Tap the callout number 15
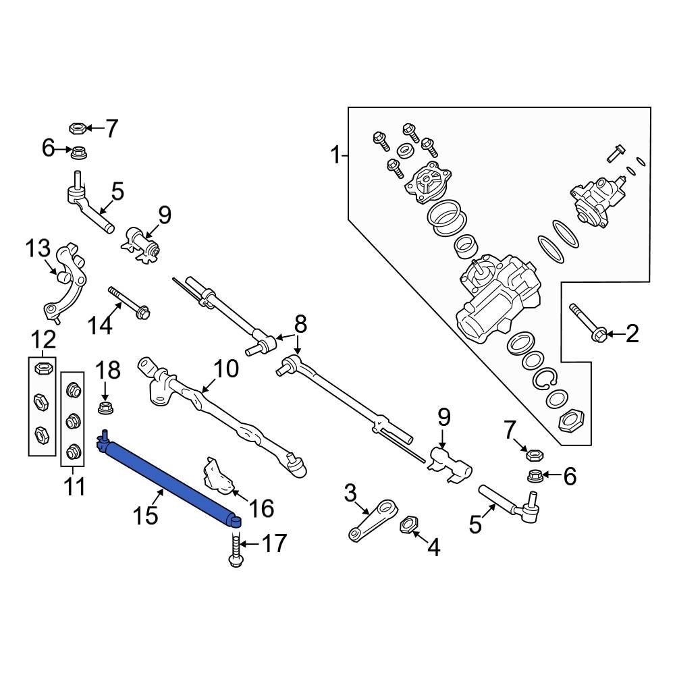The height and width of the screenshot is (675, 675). tap(145, 516)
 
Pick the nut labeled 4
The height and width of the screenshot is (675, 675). tap(408, 524)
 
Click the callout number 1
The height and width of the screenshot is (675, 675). tap(335, 157)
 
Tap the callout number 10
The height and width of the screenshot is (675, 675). tap(227, 369)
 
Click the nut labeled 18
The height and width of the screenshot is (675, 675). tap(105, 408)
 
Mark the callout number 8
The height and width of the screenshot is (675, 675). tap(300, 324)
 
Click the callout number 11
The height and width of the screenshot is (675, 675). tap(74, 485)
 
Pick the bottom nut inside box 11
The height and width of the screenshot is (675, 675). tap(72, 450)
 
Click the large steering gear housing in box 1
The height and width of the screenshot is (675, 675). tap(500, 297)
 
